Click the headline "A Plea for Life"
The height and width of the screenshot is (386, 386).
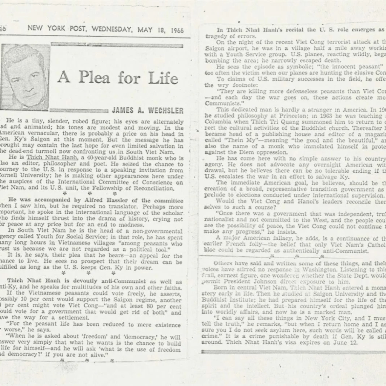point(118,78)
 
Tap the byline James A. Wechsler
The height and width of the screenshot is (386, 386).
point(148,110)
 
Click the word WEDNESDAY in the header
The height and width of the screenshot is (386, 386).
point(113,29)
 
